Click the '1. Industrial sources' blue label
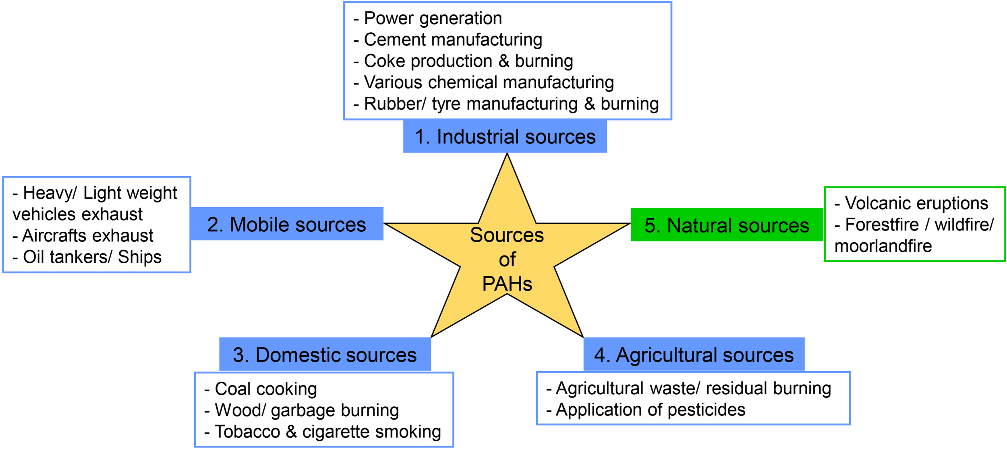pyautogui.click(x=505, y=137)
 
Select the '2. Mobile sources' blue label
pyautogui.click(x=286, y=224)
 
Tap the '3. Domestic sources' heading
pyautogui.click(x=325, y=355)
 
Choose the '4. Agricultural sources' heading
pyautogui.click(x=694, y=355)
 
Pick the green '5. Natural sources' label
pyautogui.click(x=727, y=225)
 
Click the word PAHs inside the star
pyautogui.click(x=507, y=284)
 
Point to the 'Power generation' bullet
pyautogui.click(x=433, y=19)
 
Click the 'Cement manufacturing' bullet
pyautogui.click(x=453, y=40)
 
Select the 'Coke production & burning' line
pyautogui.click(x=468, y=61)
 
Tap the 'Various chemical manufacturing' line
pyautogui.click(x=489, y=83)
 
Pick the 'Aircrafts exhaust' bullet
pyautogui.click(x=87, y=236)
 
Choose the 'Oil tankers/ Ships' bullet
pyautogui.click(x=92, y=257)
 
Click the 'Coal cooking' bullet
pyautogui.click(x=265, y=389)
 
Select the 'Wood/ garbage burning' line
pyautogui.click(x=307, y=410)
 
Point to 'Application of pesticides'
pyautogui.click(x=650, y=410)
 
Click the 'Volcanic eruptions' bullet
pyautogui.click(x=916, y=203)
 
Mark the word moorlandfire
pyautogui.click(x=883, y=246)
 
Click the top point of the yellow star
pyautogui.click(x=507, y=155)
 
